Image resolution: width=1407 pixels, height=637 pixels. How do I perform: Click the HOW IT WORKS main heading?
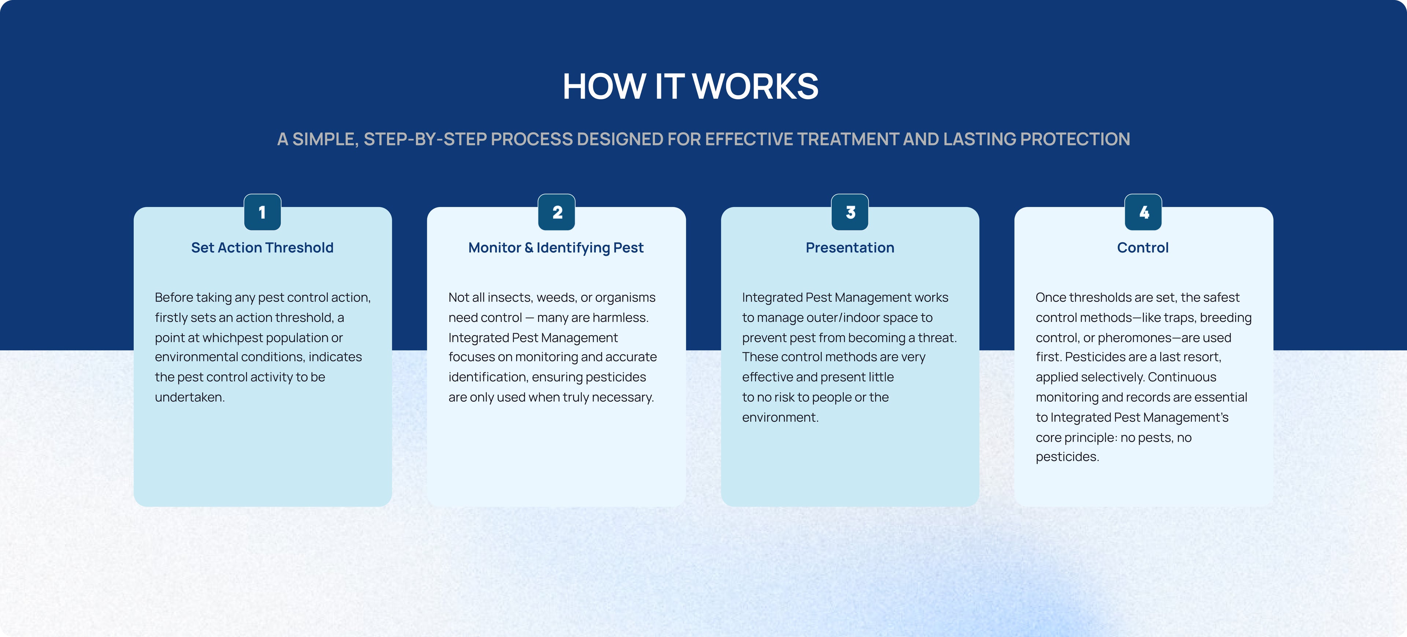[x=690, y=86]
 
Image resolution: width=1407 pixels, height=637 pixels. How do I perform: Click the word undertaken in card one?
[x=189, y=398]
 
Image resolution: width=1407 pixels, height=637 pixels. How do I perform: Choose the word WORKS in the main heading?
[x=756, y=86]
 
